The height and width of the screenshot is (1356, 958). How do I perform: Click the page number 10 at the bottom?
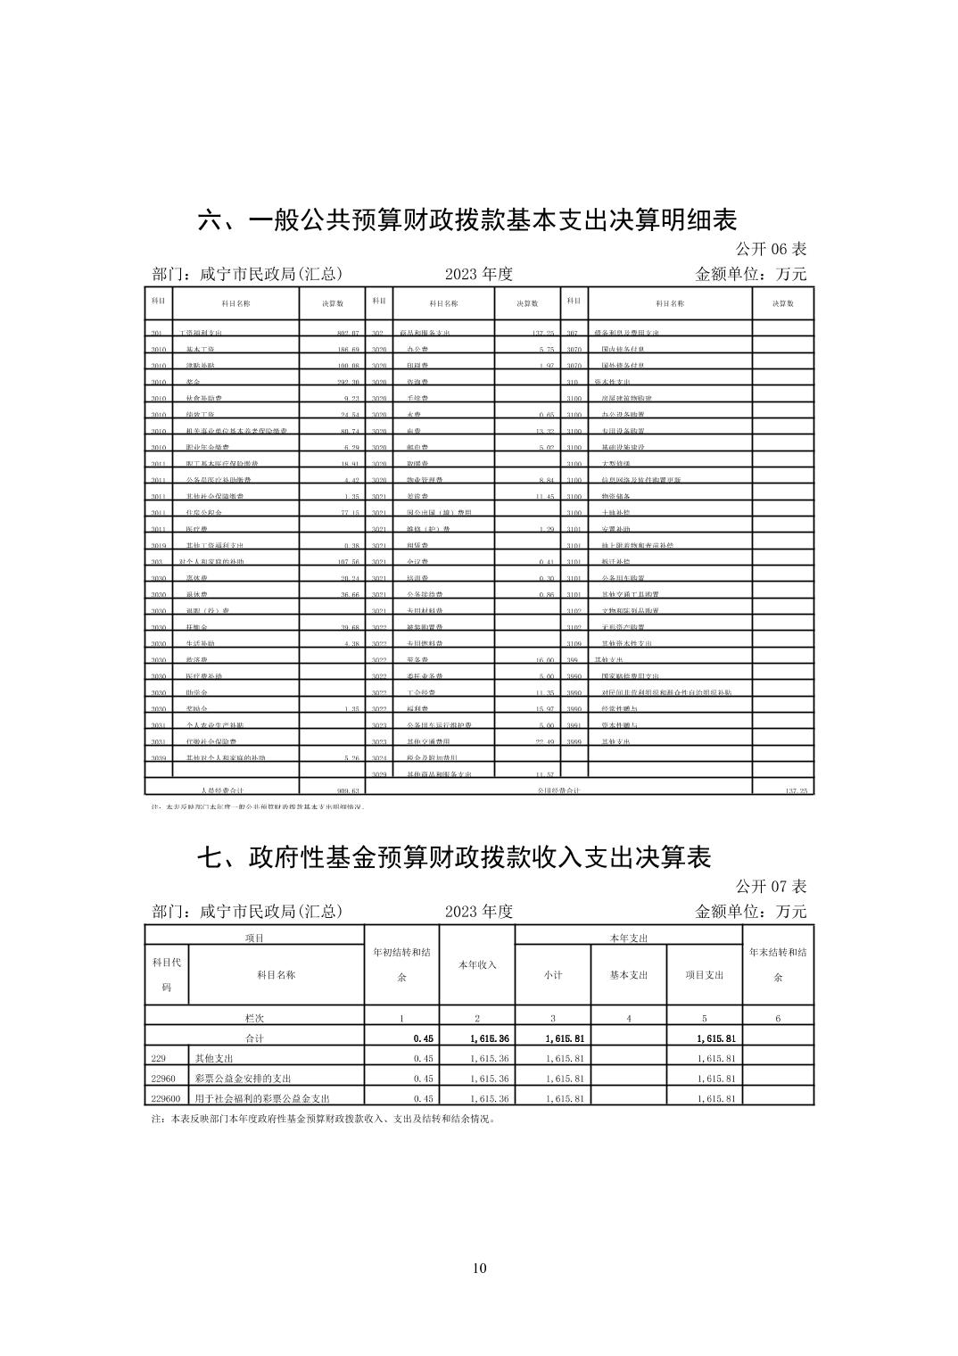479,1269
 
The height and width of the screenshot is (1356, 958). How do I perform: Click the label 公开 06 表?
771,249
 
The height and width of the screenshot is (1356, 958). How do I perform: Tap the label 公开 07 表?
771,887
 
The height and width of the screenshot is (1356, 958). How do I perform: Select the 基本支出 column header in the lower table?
629,974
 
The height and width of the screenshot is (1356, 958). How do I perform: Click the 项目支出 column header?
705,974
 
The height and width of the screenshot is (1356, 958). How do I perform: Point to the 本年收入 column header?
477,964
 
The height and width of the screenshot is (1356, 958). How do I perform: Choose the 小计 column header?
553,974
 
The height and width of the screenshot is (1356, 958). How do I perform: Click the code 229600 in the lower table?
166,1098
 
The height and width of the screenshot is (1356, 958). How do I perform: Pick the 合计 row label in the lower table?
255,1038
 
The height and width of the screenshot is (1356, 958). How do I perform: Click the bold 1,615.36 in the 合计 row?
487,1038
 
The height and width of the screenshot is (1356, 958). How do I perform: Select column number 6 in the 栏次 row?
778,1018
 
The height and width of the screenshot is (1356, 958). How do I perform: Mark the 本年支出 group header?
628,938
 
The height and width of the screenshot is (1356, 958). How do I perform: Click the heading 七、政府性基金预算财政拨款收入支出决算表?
454,857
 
